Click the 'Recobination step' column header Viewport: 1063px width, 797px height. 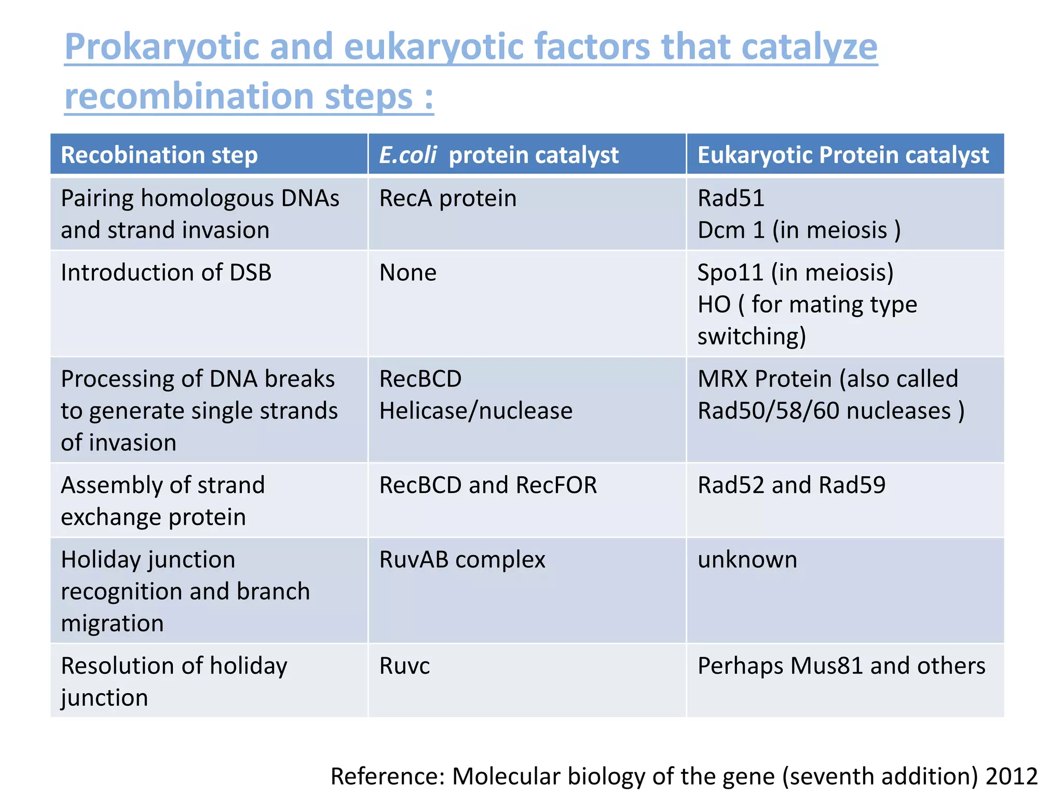pos(159,155)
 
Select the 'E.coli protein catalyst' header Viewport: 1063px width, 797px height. pos(498,155)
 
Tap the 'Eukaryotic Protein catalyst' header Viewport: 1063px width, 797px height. pos(843,155)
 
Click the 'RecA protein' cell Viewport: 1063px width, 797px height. pos(447,198)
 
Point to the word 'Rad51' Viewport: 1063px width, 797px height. pos(731,198)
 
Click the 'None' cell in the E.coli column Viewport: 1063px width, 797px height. pos(408,272)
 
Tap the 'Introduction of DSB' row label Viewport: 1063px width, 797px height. pos(166,272)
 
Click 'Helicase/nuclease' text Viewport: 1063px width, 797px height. pos(475,410)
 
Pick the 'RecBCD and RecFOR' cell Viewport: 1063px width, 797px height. pos(488,485)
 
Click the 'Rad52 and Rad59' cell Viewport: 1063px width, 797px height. pos(791,485)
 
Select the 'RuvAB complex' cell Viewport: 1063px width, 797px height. pos(462,559)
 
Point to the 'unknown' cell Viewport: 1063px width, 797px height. pos(747,559)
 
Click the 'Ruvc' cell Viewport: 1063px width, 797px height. pos(404,666)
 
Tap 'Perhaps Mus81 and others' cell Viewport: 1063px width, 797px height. pos(841,666)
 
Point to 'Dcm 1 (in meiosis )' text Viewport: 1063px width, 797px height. pos(798,230)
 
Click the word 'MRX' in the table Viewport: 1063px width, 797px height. pos(723,379)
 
